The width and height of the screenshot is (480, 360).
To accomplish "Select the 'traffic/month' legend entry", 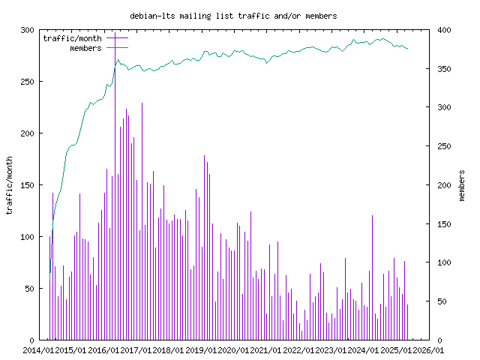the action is [72, 38].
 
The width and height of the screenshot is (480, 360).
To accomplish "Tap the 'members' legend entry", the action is [85, 48].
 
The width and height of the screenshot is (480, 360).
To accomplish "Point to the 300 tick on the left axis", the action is [27, 30].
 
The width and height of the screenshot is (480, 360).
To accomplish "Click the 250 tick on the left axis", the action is [27, 82].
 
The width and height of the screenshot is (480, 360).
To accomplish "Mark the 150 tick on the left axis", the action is [27, 185].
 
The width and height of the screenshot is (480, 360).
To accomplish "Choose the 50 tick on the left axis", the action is [30, 289].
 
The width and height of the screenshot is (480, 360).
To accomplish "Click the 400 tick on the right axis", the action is [444, 30].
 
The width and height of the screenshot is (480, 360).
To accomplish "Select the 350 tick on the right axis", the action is [444, 69].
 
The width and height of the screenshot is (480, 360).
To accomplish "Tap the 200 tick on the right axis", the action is [444, 185].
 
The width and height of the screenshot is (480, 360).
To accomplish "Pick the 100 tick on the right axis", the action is [444, 262].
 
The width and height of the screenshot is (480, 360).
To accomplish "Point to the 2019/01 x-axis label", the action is [201, 350].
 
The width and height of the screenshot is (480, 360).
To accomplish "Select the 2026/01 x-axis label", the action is [428, 350].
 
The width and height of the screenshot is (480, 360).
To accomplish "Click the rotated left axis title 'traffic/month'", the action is [9, 185].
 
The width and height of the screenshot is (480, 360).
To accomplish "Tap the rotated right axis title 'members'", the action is [462, 185].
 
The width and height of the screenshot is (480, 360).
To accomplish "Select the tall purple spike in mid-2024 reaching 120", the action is [372, 277].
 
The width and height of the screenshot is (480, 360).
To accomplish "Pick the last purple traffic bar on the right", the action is [407, 322].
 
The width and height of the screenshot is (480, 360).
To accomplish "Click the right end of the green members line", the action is [408, 48].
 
